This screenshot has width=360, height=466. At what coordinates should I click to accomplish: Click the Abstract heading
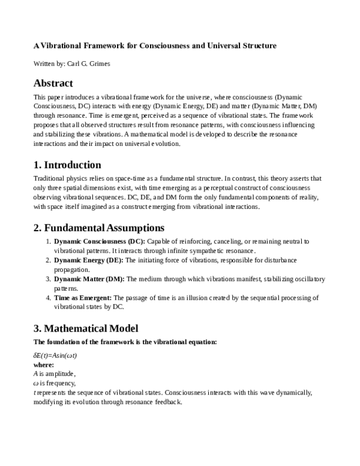point(53,83)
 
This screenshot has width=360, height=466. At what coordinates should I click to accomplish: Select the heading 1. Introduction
point(67,165)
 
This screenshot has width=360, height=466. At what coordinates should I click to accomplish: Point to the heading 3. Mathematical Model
point(86,328)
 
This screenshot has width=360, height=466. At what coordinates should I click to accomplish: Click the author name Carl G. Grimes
point(89,63)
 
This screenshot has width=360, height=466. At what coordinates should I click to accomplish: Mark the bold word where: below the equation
point(43,365)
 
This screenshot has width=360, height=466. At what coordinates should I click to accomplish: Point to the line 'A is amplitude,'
point(54,374)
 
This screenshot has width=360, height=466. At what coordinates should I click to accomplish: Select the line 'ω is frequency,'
point(54,383)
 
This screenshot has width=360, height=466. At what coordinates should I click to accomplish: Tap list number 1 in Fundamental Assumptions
point(49,241)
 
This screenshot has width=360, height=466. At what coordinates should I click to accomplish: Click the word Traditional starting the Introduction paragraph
point(49,178)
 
